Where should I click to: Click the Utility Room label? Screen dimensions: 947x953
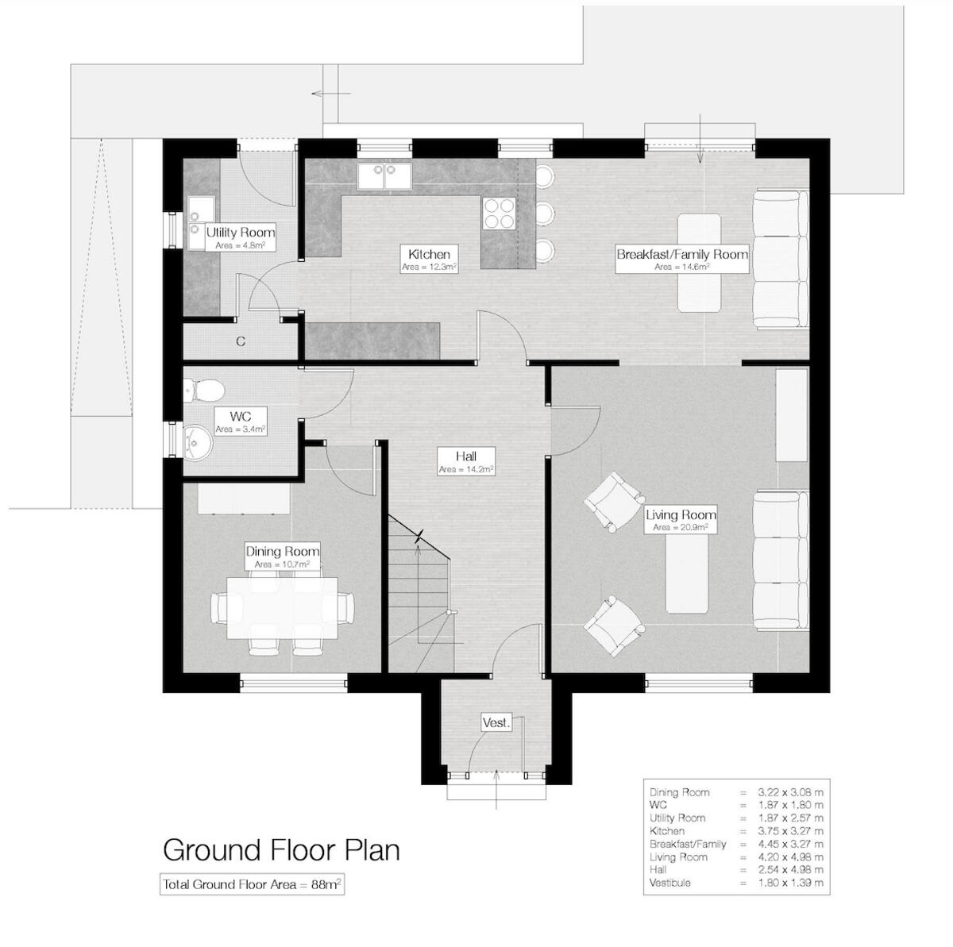pyautogui.click(x=240, y=233)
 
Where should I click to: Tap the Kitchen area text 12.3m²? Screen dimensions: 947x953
pyautogui.click(x=429, y=268)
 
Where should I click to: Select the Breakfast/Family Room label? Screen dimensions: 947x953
pyautogui.click(x=682, y=254)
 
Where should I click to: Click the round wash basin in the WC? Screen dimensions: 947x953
pyautogui.click(x=195, y=440)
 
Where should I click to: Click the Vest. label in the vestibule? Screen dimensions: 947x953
pyautogui.click(x=496, y=723)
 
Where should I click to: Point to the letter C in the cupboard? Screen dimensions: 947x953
pyautogui.click(x=240, y=342)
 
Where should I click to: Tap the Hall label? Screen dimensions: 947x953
pyautogui.click(x=465, y=456)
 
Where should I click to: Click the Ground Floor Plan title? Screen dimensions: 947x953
pyautogui.click(x=281, y=849)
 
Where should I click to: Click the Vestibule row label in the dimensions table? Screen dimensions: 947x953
pyautogui.click(x=670, y=883)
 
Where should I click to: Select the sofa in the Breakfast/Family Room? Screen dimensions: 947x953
pyautogui.click(x=777, y=259)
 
